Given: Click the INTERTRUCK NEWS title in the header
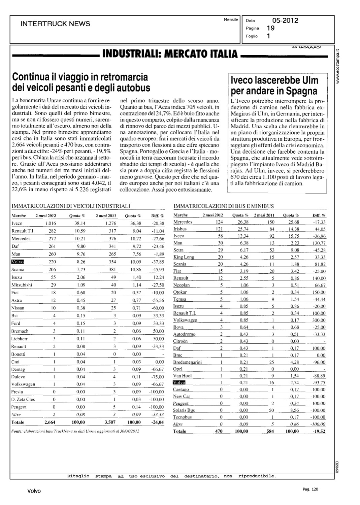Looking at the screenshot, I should [x=55, y=24].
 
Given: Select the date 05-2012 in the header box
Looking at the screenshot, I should [x=285, y=21].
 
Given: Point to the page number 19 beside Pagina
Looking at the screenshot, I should [x=270, y=28].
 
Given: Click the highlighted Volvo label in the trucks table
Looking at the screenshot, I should [x=18, y=262].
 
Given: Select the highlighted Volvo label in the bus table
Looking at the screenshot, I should [x=179, y=382].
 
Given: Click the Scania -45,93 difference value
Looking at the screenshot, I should [x=157, y=270].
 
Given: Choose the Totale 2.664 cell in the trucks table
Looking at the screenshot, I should [x=50, y=422].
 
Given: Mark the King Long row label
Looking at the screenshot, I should [x=184, y=257].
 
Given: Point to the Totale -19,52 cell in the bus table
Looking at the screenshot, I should [x=319, y=431].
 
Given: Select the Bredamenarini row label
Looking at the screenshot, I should [x=187, y=362].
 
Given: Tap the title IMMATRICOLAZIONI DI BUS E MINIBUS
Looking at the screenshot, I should [x=224, y=206].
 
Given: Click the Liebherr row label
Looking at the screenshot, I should [x=20, y=339].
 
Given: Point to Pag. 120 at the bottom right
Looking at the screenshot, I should [x=310, y=489].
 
